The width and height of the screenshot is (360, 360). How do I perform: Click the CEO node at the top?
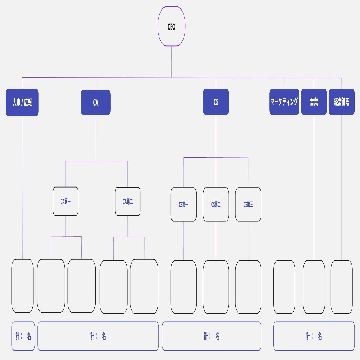coord(172,26)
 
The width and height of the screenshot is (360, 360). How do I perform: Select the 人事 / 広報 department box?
coord(22,102)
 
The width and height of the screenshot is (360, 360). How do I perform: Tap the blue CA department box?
coord(96,102)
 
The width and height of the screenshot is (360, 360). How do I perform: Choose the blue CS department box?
coord(216,102)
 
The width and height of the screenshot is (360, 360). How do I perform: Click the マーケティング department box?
coord(284,102)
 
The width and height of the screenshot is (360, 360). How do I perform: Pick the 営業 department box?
coord(314,102)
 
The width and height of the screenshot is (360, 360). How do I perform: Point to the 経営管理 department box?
coord(342,102)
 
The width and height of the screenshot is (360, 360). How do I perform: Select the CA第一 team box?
coord(66,201)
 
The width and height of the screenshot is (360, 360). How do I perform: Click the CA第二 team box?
coord(128,201)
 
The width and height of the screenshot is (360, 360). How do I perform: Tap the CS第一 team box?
coord(184,204)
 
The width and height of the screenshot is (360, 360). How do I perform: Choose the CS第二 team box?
coord(216,204)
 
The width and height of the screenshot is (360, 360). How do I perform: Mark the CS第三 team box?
coord(248,204)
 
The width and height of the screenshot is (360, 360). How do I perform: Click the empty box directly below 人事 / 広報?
coord(22,286)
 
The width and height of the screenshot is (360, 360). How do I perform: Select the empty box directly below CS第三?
coord(248,287)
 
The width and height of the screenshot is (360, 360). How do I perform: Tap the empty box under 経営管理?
coord(342,287)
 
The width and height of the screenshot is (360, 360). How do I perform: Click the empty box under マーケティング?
coord(284,287)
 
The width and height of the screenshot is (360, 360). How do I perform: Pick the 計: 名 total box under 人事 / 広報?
coord(23,336)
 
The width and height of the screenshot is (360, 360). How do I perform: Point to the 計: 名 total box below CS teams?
coord(212,336)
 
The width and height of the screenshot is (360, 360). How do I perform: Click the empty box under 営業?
coord(314,287)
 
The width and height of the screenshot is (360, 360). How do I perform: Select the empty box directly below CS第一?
coord(184,287)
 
